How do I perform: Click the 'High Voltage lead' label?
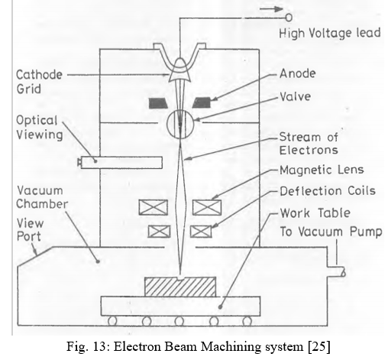pos(330,34)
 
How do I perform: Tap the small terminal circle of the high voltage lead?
pos(289,18)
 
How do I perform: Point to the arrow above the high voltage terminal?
pos(271,9)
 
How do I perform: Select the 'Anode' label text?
pos(298,73)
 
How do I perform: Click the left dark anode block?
pos(158,103)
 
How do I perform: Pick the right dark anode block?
pos(202,102)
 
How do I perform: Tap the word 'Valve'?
pos(296,96)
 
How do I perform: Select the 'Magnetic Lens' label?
pos(322,170)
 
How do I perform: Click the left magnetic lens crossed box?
pos(154,207)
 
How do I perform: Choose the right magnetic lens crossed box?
pos(207,207)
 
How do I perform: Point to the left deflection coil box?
pos(159,232)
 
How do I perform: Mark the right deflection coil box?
pos(201,232)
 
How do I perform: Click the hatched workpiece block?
pos(180,287)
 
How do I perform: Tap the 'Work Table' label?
pos(315,212)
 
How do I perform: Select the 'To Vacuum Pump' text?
pos(331,232)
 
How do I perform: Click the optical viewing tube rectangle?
pos(121,163)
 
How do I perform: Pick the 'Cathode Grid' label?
pos(39,82)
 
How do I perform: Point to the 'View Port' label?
pos(30,230)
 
